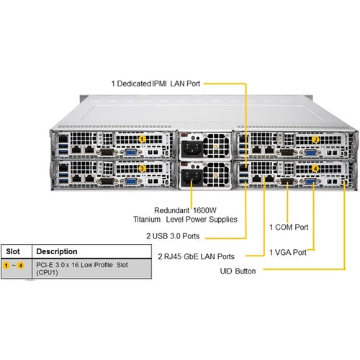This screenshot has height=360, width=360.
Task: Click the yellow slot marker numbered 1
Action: [x=143, y=138]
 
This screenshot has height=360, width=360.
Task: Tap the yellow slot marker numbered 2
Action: [x=315, y=139]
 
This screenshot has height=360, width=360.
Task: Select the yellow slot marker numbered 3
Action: [x=143, y=168]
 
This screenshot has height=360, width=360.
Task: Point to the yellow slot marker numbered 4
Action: [x=315, y=168]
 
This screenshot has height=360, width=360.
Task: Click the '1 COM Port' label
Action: [x=289, y=227]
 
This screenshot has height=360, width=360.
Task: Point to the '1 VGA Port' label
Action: [x=287, y=252]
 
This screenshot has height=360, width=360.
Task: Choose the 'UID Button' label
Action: [x=240, y=271]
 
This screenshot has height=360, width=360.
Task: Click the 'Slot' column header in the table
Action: [x=14, y=251]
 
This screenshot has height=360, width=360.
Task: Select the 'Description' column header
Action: [x=58, y=251]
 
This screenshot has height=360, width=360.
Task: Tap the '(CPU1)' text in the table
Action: [x=51, y=274]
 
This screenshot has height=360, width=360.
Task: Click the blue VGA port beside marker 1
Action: [x=132, y=152]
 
